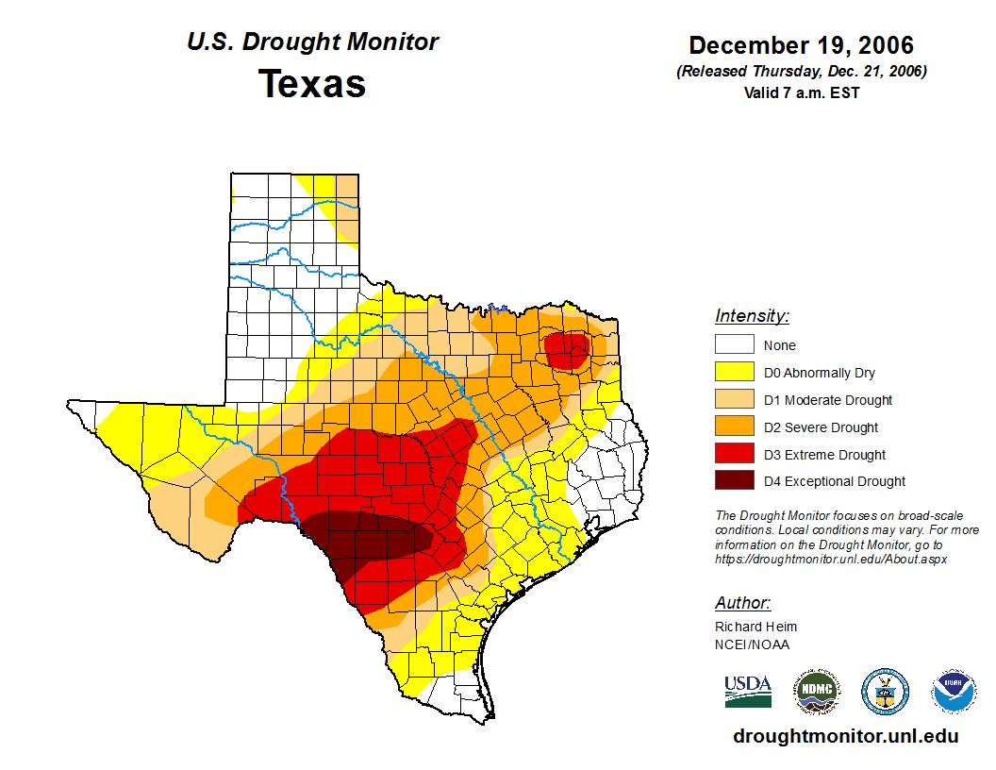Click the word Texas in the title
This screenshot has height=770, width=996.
click(x=312, y=84)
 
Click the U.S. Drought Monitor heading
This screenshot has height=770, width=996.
click(x=312, y=42)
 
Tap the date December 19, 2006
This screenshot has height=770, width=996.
click(x=801, y=45)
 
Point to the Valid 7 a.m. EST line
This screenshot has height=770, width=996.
click(x=801, y=92)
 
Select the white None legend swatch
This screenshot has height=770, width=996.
click(x=734, y=345)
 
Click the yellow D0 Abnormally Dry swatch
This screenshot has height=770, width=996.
click(x=734, y=373)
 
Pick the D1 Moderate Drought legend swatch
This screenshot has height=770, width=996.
click(x=734, y=400)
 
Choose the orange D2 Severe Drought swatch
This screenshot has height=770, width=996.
click(x=734, y=427)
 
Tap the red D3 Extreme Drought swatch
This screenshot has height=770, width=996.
click(x=734, y=455)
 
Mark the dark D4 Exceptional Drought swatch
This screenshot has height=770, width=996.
click(x=734, y=481)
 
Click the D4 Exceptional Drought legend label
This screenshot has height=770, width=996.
click(x=835, y=481)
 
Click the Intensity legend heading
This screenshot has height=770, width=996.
click(x=752, y=316)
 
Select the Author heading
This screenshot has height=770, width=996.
click(x=742, y=603)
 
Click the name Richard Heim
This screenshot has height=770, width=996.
click(x=755, y=627)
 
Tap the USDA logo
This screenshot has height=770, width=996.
click(x=748, y=691)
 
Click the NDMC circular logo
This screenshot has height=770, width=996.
click(x=816, y=692)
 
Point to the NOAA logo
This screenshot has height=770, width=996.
click(x=954, y=692)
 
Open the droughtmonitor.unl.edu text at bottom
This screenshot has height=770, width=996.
click(x=845, y=737)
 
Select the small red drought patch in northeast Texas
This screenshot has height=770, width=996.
click(x=569, y=350)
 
